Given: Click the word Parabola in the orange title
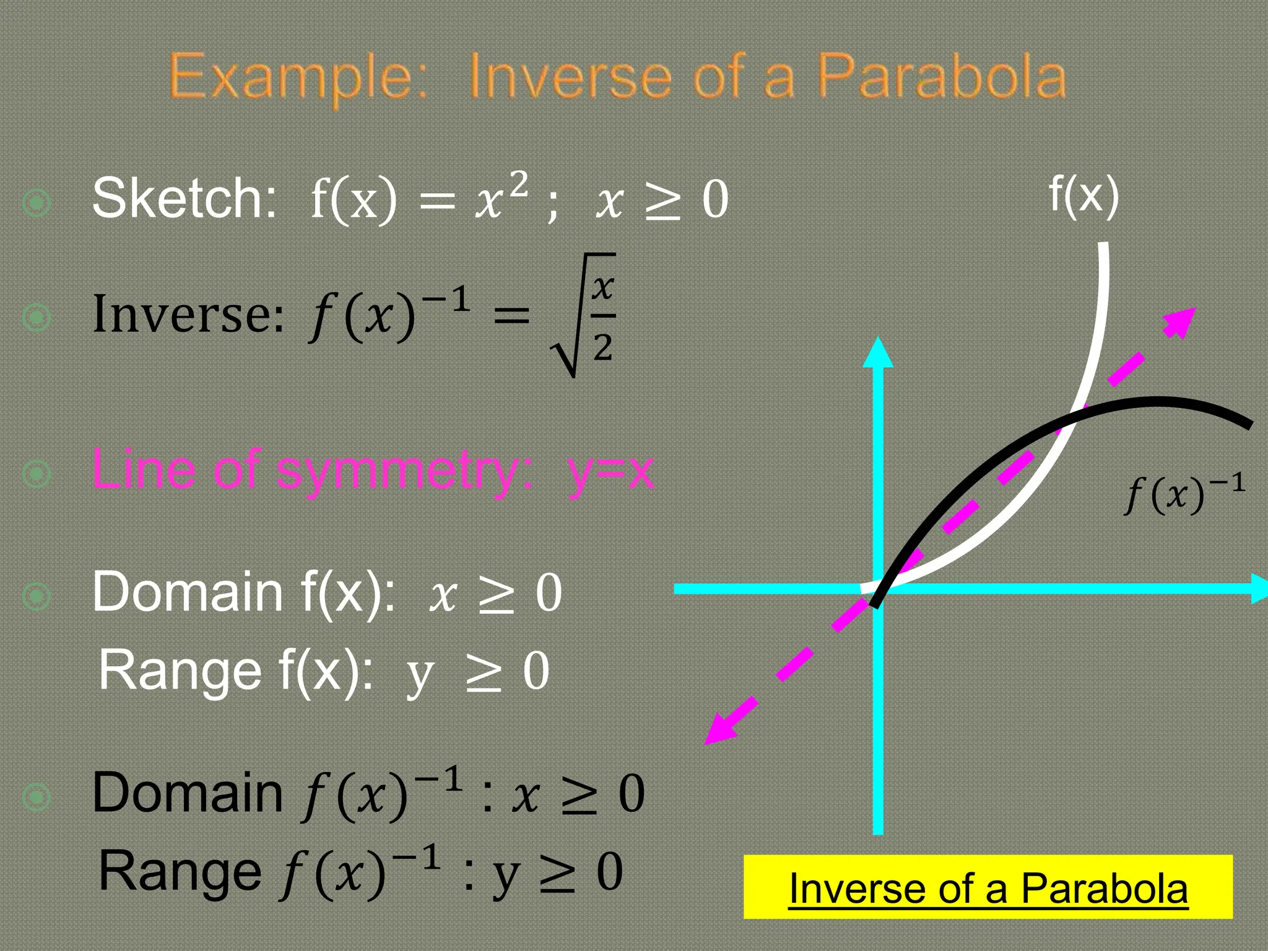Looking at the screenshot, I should tap(941, 77).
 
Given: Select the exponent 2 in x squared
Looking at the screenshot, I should tap(519, 184).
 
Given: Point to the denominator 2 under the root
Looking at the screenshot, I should tap(602, 348).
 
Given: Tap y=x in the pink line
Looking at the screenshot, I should tap(610, 471).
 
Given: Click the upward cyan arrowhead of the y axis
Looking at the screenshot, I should tap(878, 353).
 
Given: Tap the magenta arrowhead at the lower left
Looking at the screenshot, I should tap(721, 729).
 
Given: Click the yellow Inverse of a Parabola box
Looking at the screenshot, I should tap(988, 887).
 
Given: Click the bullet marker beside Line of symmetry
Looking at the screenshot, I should tap(37, 474).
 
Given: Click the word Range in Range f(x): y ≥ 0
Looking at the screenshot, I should tap(180, 670).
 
